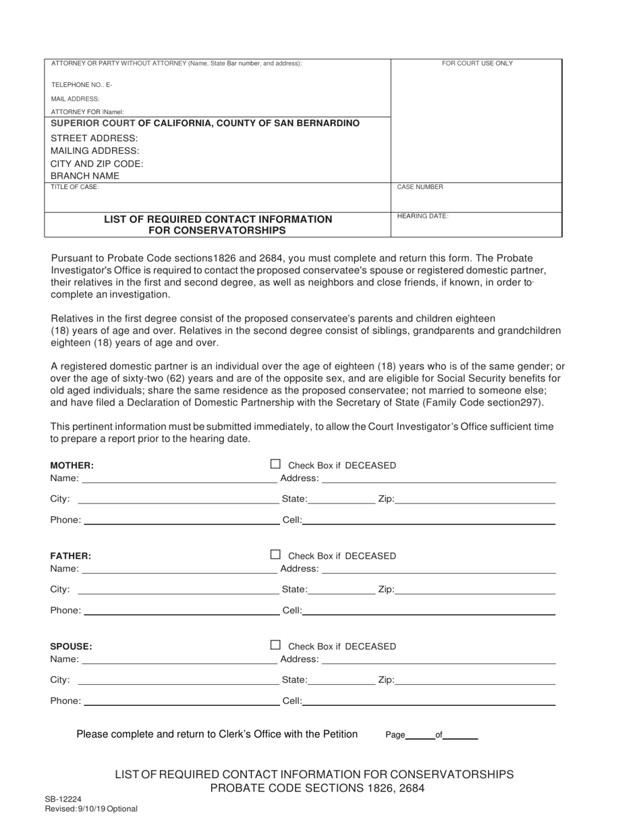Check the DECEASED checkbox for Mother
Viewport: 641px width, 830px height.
275,464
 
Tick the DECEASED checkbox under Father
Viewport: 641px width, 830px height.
275,555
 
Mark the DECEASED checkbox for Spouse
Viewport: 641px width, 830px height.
275,645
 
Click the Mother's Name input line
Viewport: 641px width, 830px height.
179,478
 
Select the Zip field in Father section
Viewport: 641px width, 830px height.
475,589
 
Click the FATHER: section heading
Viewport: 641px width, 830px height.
71,556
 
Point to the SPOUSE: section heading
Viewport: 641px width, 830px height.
72,646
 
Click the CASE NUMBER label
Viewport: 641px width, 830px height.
420,187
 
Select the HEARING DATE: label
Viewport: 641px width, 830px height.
422,216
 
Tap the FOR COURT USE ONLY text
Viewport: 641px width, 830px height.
477,63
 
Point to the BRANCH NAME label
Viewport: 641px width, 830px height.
85,176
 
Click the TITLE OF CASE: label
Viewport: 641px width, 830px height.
75,187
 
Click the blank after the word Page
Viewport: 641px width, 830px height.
420,735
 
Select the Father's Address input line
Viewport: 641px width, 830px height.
439,568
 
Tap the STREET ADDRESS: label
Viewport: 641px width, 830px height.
94,138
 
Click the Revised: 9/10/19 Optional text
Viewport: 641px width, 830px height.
91,808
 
